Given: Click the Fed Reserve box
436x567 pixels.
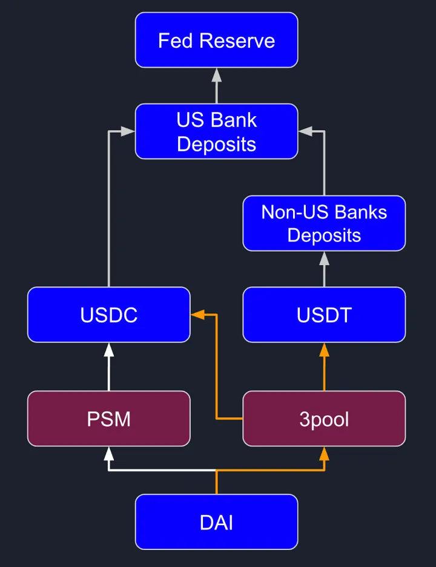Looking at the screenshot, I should tap(216, 40).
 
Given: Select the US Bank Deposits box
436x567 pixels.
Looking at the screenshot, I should tap(216, 131).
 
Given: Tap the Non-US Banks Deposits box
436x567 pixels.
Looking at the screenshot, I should tap(324, 223).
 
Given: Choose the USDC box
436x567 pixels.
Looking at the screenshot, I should tap(109, 315).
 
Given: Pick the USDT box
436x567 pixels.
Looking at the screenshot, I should tap(324, 315).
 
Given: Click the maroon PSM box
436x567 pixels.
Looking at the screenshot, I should tap(109, 419).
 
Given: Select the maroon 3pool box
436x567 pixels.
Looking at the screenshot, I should tap(324, 419).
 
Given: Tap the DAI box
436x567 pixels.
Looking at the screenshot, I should tap(216, 522).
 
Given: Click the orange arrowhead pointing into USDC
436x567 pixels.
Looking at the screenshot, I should tap(197, 315).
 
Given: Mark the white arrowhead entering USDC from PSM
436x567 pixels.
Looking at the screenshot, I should tap(109, 349).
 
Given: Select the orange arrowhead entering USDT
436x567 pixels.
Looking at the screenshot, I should tap(324, 349).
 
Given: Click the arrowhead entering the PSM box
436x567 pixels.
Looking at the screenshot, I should tap(109, 453).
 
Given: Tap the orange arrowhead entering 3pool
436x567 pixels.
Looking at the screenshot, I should tap(324, 453).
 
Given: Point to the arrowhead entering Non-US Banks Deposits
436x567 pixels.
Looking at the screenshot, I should tap(324, 258).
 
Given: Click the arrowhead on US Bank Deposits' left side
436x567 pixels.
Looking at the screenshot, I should tap(128, 131).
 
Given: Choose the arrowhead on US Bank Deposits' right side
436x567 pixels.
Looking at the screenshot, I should tap(305, 131).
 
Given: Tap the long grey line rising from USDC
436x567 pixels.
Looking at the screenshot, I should tap(109, 212).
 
